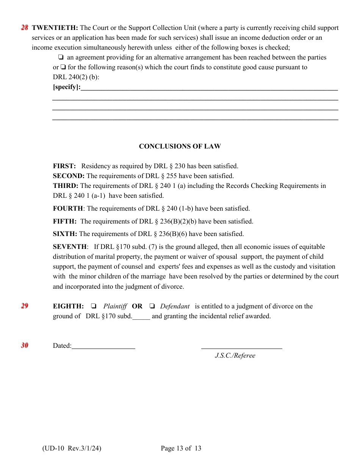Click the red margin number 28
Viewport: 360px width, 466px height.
(25, 28)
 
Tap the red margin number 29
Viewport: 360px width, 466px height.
(25, 306)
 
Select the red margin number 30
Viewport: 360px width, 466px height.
(25, 345)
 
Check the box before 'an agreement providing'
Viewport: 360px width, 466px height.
(60, 57)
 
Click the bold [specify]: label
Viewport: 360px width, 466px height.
(67, 87)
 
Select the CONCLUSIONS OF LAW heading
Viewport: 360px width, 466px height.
(180, 146)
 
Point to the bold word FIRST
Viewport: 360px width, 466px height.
(64, 166)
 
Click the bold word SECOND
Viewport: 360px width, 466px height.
(69, 176)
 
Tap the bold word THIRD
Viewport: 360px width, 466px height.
(66, 186)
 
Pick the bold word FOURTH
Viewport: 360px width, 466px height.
(68, 208)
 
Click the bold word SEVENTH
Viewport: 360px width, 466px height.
(70, 247)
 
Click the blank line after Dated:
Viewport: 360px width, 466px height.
(103, 346)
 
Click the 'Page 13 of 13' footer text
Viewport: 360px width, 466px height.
(181, 449)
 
